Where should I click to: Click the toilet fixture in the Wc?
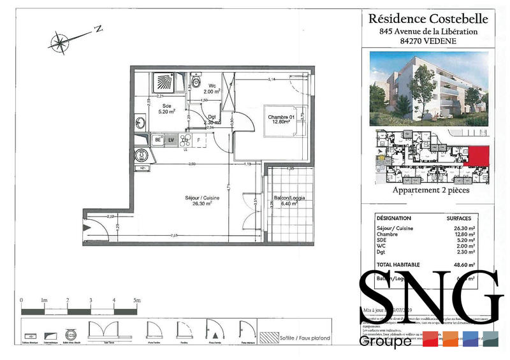click(195, 82)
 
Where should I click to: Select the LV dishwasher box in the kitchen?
click(171, 139)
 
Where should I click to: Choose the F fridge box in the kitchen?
click(199, 139)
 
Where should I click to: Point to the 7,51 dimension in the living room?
click(173, 235)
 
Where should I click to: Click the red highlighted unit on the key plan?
click(477, 155)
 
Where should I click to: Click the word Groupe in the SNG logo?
click(385, 342)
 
